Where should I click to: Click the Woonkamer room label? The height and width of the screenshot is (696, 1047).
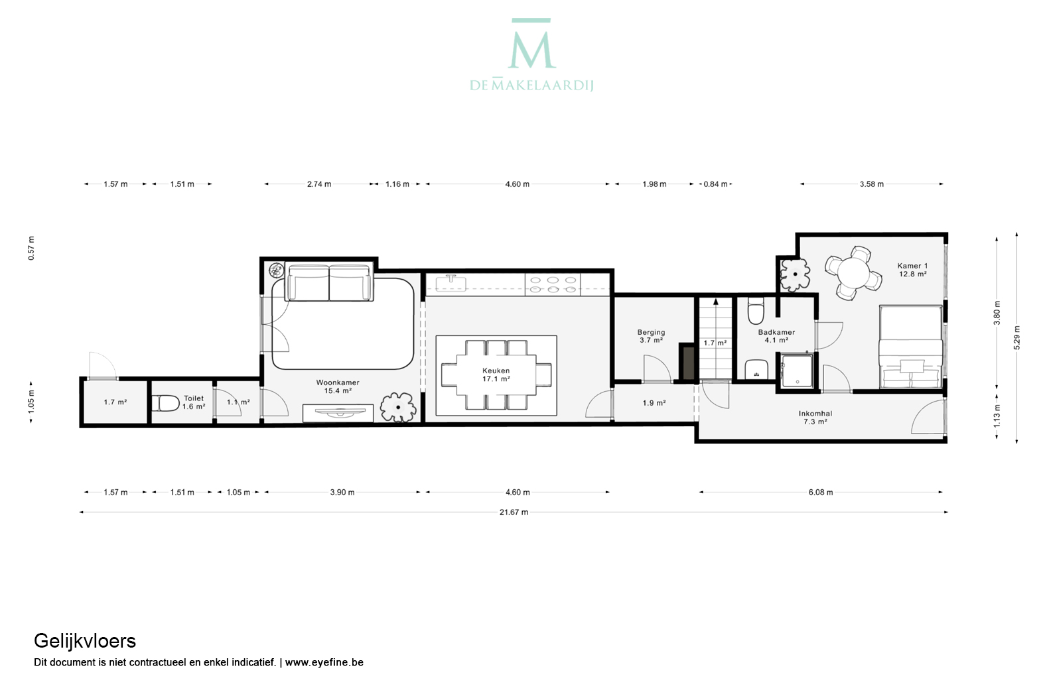pos(338,383)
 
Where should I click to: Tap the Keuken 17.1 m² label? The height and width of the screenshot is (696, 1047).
pos(496,375)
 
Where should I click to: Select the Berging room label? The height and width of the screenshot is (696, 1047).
pos(651,332)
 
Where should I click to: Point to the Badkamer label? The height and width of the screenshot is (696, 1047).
pos(776,332)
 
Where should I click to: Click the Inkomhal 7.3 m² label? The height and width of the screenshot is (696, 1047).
pos(815,418)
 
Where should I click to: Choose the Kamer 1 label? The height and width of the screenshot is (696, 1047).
pos(912,266)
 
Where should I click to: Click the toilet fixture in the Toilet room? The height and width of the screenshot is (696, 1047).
pos(165,403)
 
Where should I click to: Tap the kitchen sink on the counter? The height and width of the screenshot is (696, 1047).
pos(451,283)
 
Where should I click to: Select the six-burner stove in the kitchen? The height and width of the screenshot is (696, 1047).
pos(553,284)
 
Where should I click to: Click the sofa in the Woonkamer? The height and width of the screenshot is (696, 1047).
pos(330,283)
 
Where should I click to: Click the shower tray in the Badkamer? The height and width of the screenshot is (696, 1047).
pos(797,371)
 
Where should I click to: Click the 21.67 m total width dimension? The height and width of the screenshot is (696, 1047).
pos(514,512)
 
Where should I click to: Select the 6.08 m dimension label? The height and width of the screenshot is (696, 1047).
pos(821,492)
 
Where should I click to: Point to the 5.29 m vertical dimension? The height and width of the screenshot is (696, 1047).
pos(1016,337)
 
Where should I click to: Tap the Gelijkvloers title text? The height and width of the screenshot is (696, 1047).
pos(85,641)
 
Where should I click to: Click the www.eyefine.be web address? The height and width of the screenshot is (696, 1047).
pos(324,662)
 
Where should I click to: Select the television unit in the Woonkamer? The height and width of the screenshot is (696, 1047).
pos(338,413)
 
